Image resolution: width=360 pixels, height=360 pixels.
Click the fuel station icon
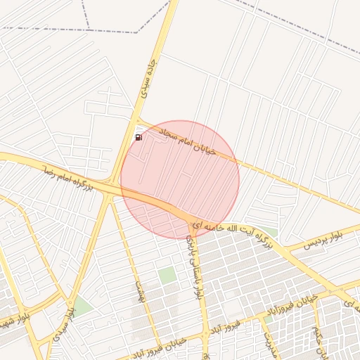coord(139,137)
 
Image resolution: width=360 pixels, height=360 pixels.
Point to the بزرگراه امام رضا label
coord(67,176)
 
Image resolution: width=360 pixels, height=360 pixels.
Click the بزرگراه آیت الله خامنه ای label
coord(232,233)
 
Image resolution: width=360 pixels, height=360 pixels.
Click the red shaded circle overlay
coord(180,179)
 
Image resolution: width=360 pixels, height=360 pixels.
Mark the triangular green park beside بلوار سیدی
coord(82,305)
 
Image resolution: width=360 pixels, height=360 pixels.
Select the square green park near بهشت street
coord(167,276)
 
